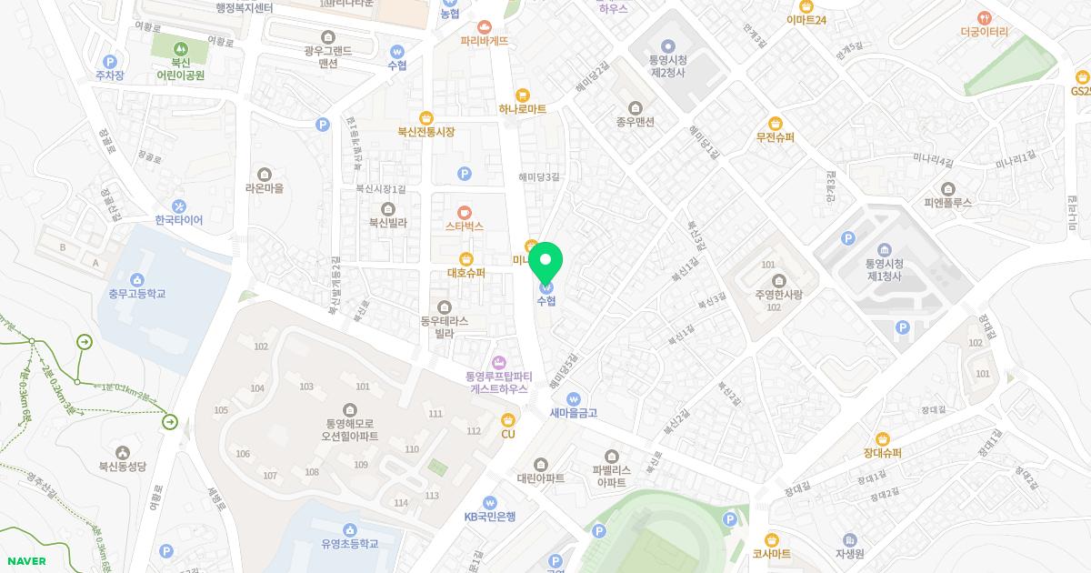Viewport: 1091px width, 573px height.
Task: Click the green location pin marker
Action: (x=545, y=264)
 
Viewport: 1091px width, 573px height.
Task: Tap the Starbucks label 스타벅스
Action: (x=464, y=226)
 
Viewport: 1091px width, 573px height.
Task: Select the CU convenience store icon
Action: (x=508, y=419)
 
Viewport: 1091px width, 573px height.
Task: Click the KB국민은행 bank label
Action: (x=490, y=517)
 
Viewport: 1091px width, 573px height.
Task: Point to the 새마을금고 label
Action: (x=573, y=413)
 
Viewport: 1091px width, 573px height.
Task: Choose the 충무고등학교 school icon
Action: (x=137, y=279)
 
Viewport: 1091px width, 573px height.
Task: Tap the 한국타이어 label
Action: (x=178, y=220)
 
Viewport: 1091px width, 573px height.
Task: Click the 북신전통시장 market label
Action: (x=425, y=132)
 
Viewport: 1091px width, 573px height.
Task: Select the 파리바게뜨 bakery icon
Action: (x=484, y=26)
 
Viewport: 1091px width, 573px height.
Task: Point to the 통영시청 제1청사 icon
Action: (x=884, y=251)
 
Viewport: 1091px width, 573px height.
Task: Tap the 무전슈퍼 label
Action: (x=775, y=138)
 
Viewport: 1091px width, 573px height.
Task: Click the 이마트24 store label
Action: (x=806, y=20)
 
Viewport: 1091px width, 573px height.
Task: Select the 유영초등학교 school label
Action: (x=349, y=544)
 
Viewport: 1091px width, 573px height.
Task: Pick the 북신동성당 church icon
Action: (x=123, y=452)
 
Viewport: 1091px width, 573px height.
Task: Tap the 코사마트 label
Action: (x=771, y=554)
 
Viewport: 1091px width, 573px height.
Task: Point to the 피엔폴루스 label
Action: (x=948, y=203)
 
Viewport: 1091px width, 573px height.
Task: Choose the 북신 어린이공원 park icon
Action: (x=180, y=46)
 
